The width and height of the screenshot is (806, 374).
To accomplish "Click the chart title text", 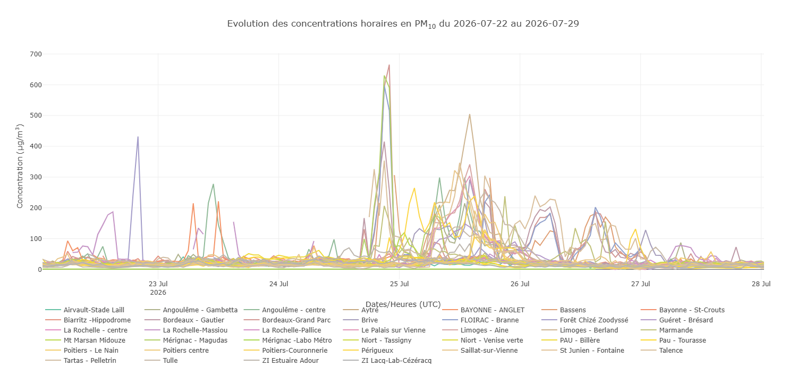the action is pyautogui.click(x=403, y=24).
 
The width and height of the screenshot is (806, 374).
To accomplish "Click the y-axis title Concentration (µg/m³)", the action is pyautogui.click(x=20, y=166).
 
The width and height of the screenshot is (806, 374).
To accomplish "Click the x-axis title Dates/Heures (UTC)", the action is pyautogui.click(x=403, y=304).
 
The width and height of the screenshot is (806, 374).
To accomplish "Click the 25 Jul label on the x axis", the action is pyautogui.click(x=399, y=284).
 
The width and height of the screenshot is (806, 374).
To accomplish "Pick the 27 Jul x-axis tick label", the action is pyautogui.click(x=640, y=284).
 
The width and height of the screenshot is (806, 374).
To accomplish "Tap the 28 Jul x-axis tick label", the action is pyautogui.click(x=761, y=284).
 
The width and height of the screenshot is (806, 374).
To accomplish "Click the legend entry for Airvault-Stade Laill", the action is pyautogui.click(x=85, y=310).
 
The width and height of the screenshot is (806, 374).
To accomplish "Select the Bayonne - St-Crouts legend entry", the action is pyautogui.click(x=683, y=310).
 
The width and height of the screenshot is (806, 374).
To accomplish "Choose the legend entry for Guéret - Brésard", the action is pyautogui.click(x=677, y=320).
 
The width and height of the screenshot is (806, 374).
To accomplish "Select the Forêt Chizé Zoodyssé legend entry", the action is pyautogui.click(x=585, y=320).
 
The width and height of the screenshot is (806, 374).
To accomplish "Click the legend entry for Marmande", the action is pyautogui.click(x=667, y=330).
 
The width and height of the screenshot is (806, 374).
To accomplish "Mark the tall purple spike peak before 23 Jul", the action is pyautogui.click(x=138, y=137).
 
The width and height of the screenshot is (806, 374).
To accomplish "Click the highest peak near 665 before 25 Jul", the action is pyautogui.click(x=389, y=65).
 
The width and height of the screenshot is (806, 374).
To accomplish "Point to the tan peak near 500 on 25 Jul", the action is pyautogui.click(x=470, y=114).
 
